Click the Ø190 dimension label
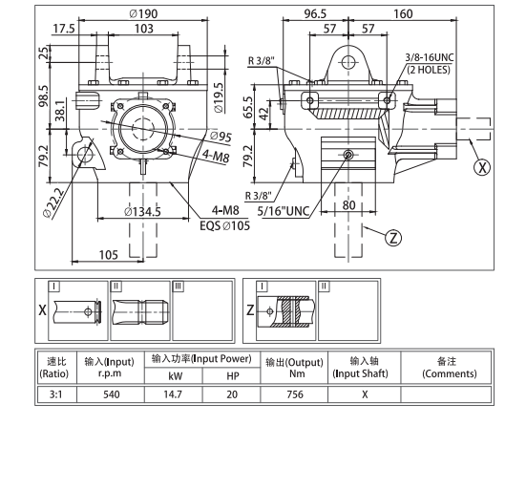click(x=143, y=13)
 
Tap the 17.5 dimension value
click(x=64, y=29)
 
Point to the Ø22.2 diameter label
click(x=53, y=203)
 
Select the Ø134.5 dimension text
click(x=142, y=212)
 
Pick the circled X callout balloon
click(x=482, y=167)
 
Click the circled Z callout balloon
click(x=393, y=238)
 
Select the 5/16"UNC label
click(x=284, y=211)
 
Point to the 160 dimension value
click(x=403, y=13)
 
